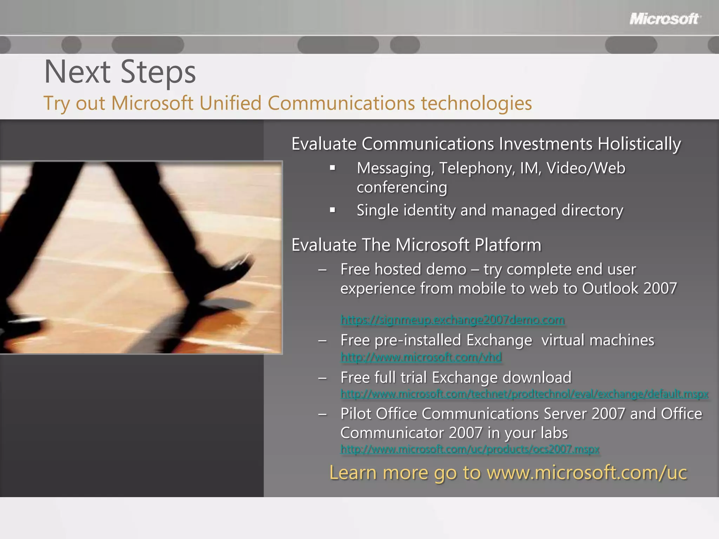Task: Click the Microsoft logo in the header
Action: point(665,19)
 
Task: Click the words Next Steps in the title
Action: point(120,72)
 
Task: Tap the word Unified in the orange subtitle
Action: point(230,103)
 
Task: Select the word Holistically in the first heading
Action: point(639,144)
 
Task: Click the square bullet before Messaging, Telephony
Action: point(333,168)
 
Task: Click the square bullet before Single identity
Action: point(333,210)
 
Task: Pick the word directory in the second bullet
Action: point(592,210)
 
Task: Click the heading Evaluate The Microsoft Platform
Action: point(416,245)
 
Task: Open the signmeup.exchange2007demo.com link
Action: point(453,320)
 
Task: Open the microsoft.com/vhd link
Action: point(421,357)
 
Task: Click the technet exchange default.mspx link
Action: point(524,394)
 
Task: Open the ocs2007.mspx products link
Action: point(470,449)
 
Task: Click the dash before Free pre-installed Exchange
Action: point(322,340)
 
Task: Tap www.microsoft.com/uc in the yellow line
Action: point(586,473)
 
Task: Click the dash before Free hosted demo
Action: point(322,269)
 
